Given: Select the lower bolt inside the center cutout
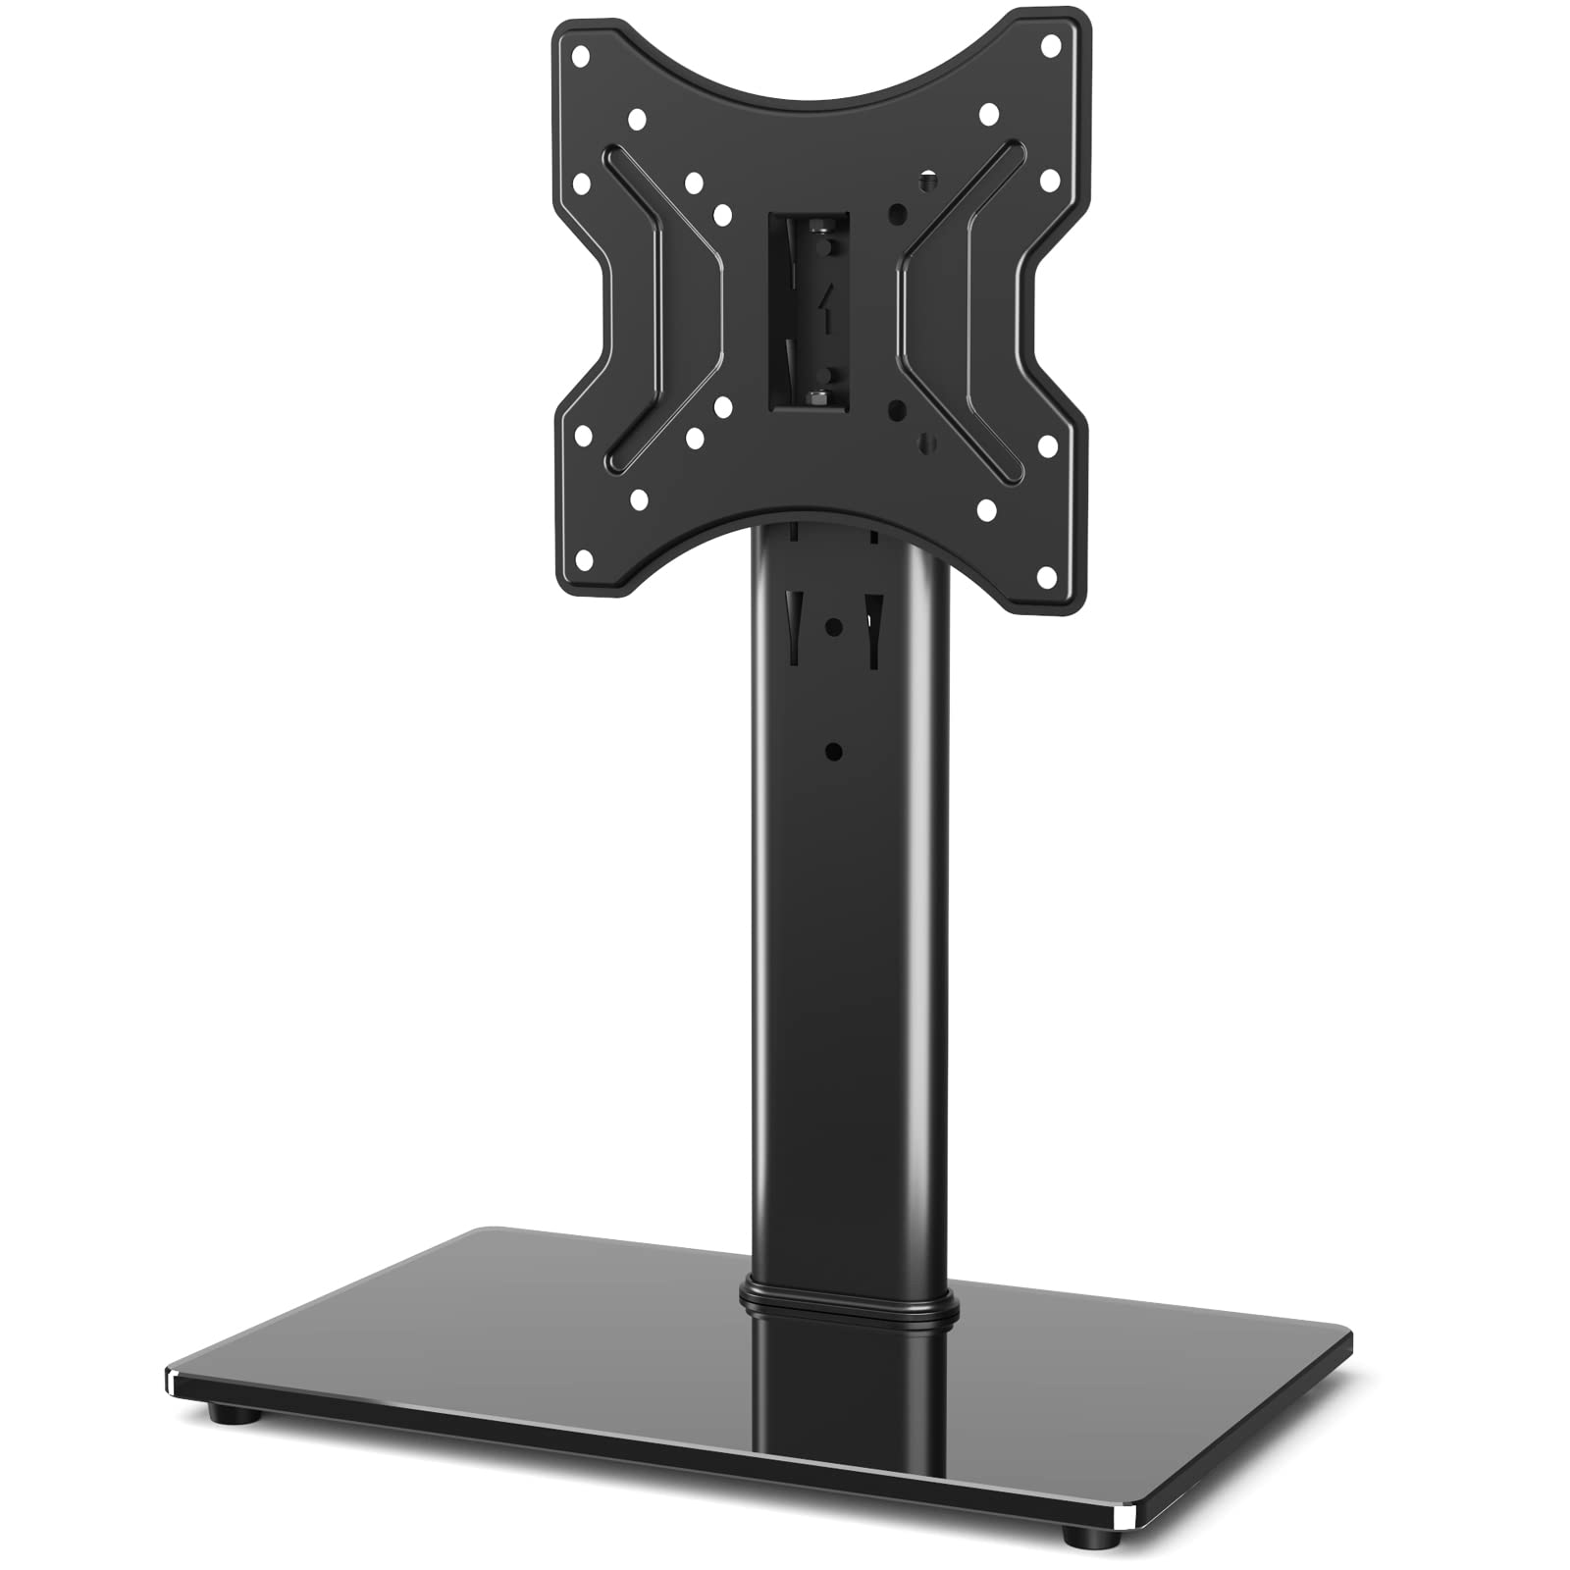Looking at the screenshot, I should point(817,395).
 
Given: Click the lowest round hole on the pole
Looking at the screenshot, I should point(834,753).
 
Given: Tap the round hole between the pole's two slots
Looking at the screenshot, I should point(833,625).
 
